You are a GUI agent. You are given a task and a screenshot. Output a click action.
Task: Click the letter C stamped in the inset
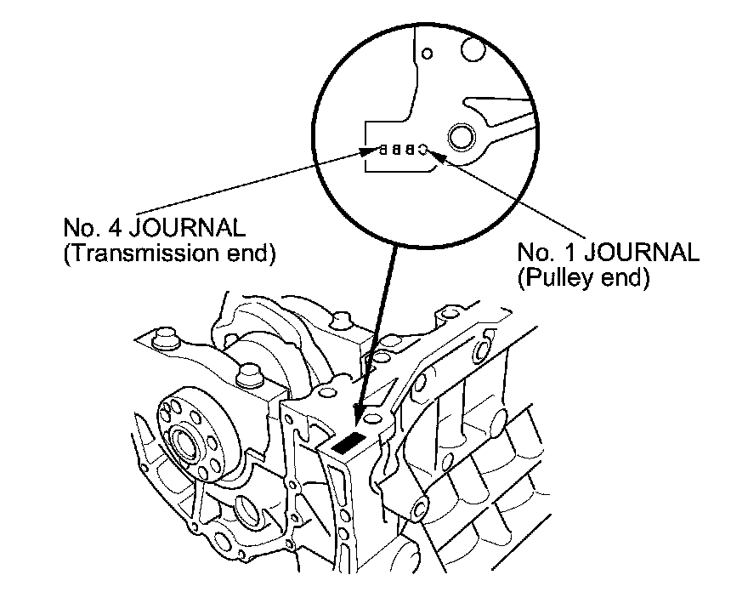(x=422, y=150)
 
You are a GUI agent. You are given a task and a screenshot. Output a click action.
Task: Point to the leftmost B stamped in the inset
(x=383, y=150)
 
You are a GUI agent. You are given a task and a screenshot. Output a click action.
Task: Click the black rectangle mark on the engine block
(x=349, y=442)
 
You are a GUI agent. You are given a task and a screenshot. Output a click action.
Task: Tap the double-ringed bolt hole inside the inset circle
(x=462, y=135)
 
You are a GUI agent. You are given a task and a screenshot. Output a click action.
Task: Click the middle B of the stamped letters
(x=396, y=150)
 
